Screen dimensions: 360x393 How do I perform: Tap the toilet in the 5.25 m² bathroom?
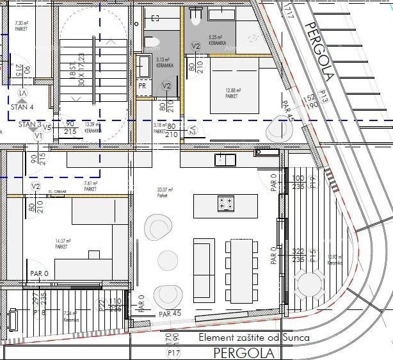pyautogui.click(x=196, y=13)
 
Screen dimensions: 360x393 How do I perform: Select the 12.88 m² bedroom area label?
pyautogui.click(x=232, y=93)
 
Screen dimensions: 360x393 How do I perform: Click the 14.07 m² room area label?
pyautogui.click(x=62, y=243)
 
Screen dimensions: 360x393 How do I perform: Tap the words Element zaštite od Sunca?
pyautogui.click(x=254, y=338)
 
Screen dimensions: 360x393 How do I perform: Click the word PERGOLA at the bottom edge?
pyautogui.click(x=244, y=353)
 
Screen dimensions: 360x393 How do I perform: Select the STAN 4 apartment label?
pyautogui.click(x=22, y=107)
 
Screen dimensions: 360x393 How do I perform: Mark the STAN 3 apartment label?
pyautogui.click(x=29, y=124)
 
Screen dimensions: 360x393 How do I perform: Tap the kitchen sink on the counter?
pyautogui.click(x=223, y=160)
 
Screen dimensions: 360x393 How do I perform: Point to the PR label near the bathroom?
pyautogui.click(x=142, y=85)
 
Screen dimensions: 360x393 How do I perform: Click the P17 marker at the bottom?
pyautogui.click(x=172, y=353)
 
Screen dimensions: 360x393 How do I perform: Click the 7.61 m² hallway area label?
pyautogui.click(x=90, y=186)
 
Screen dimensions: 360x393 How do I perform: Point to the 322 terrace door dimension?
pyautogui.click(x=298, y=252)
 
